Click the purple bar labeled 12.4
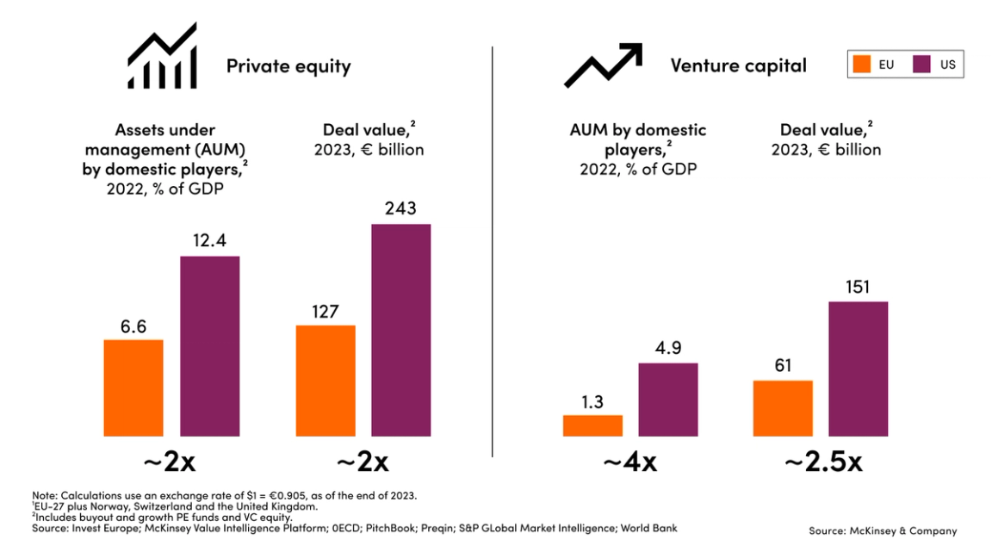209,345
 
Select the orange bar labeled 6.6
133,387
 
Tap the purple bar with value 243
401,330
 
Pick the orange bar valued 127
325,380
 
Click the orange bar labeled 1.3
592,425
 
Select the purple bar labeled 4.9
668,400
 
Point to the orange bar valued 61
783,408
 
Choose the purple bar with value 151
858,369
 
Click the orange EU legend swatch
861,64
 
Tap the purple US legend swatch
922,64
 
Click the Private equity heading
288,66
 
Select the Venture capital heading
738,65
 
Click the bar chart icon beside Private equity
163,57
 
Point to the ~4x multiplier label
629,462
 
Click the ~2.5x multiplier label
822,462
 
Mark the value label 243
401,208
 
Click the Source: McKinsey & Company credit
883,531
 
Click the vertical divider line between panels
493,250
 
